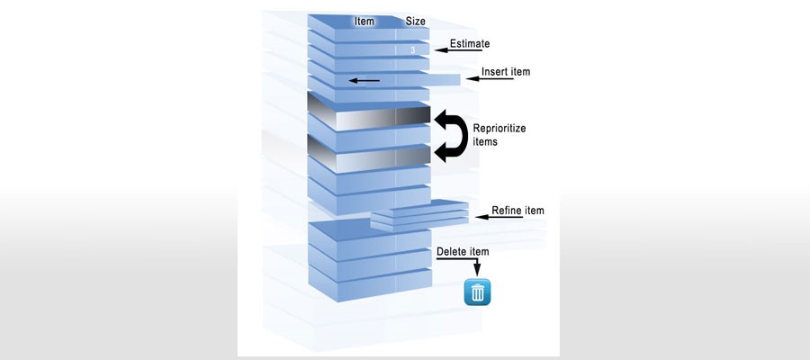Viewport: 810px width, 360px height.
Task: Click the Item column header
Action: click(364, 22)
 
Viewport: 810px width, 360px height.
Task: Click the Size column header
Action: click(416, 22)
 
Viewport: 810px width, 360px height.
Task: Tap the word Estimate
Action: click(470, 43)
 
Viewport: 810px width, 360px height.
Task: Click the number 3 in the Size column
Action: click(412, 50)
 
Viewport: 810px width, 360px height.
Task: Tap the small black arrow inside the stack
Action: click(364, 80)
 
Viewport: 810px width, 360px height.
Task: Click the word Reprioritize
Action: click(499, 128)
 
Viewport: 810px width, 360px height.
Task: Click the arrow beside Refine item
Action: click(499, 217)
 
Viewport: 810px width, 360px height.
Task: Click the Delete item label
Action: click(463, 251)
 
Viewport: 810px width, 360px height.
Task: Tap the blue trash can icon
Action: click(477, 292)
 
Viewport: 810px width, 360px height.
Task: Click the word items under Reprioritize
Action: click(485, 141)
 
